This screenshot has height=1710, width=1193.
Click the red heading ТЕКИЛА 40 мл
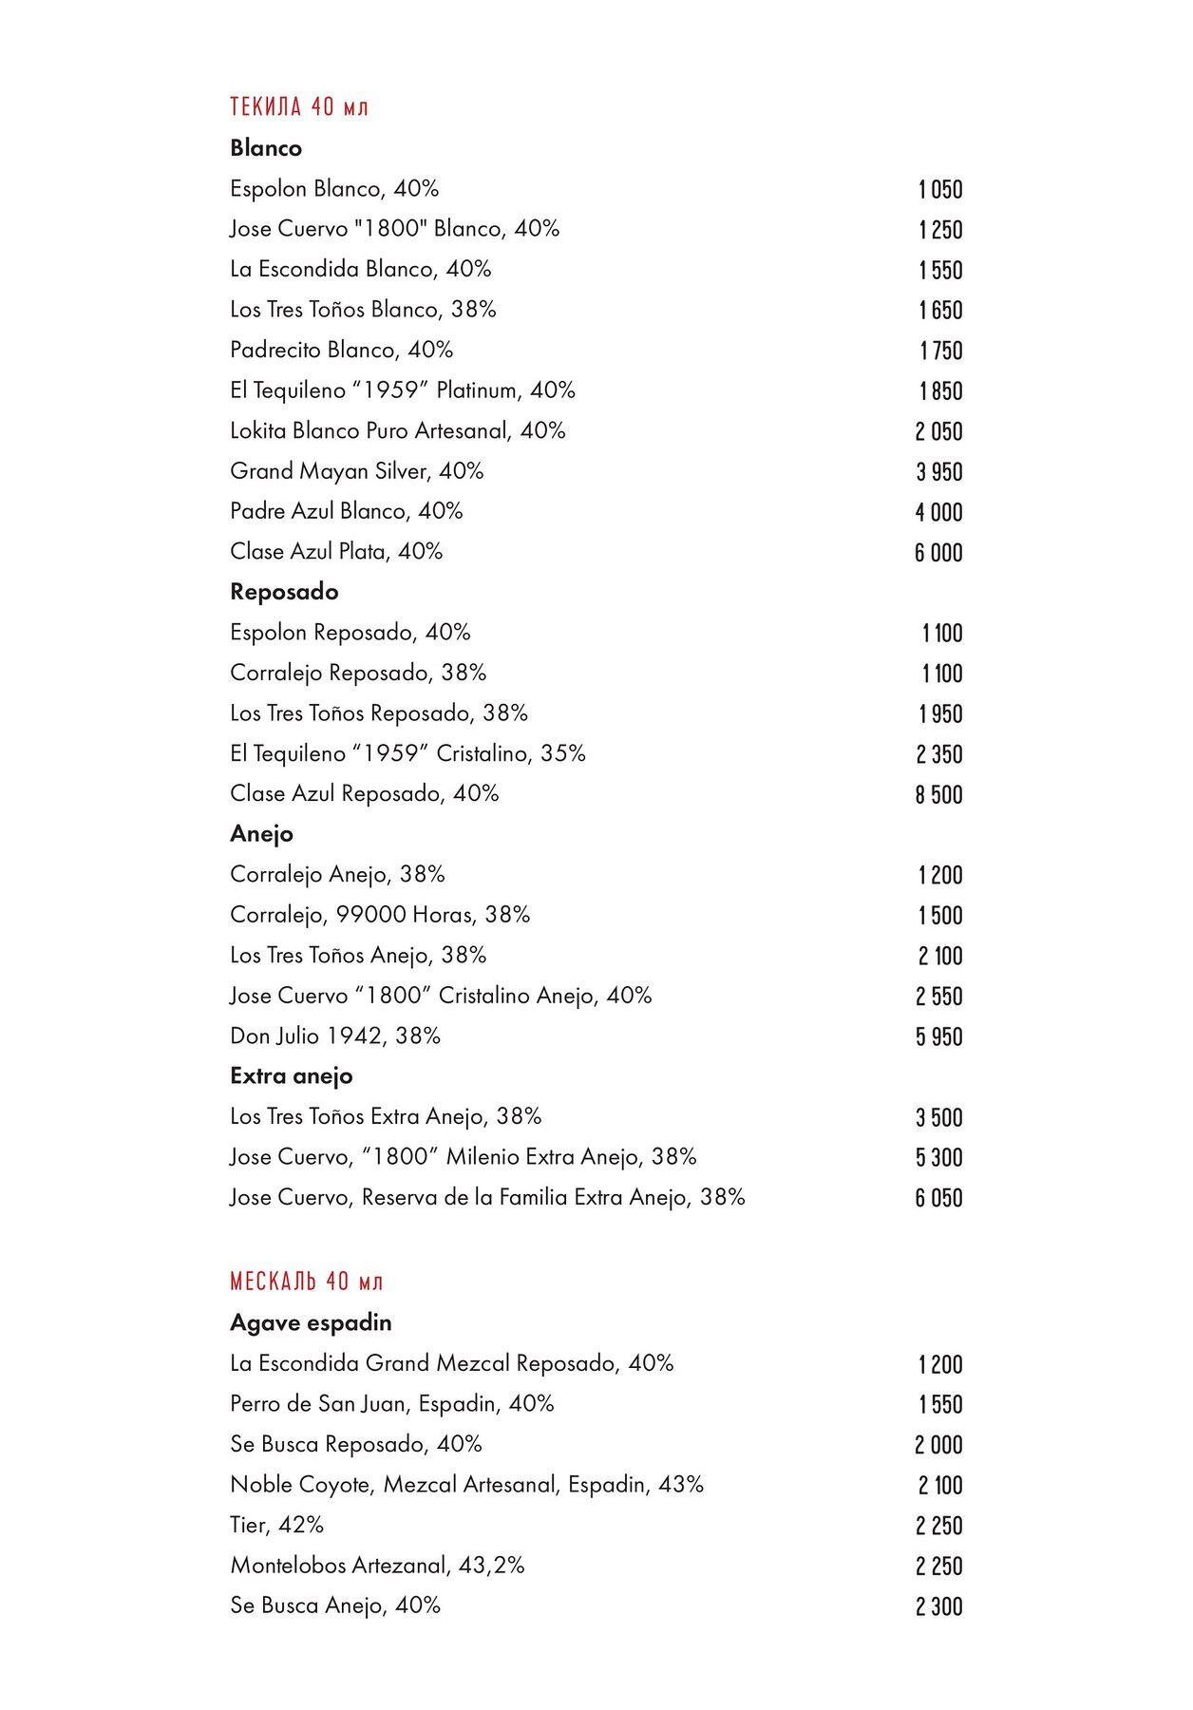(298, 106)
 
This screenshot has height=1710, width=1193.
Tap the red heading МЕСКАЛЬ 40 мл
(306, 1282)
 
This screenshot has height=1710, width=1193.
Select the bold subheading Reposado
(284, 592)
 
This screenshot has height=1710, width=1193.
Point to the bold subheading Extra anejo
(291, 1076)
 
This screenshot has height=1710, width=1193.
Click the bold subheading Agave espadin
(311, 1322)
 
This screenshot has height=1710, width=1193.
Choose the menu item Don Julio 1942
(335, 1035)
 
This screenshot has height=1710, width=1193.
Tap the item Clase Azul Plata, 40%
(336, 552)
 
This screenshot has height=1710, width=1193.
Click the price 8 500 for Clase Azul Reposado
(938, 794)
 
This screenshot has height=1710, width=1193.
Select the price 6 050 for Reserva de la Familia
(938, 1198)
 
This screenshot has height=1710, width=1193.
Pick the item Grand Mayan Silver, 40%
(356, 471)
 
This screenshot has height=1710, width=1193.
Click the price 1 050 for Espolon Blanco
(940, 189)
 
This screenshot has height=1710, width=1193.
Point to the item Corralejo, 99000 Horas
(380, 915)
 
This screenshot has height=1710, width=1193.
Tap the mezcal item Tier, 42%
(276, 1525)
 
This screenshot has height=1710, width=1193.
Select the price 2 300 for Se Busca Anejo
(938, 1606)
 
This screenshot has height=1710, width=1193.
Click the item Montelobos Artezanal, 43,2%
(377, 1565)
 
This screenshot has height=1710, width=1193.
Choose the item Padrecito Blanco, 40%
(341, 350)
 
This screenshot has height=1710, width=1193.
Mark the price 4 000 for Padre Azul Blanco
(938, 512)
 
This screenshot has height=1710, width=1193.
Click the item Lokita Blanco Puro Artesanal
(397, 430)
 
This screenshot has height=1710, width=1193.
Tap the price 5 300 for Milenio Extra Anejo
(938, 1157)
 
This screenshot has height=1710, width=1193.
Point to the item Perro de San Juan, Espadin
(391, 1403)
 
